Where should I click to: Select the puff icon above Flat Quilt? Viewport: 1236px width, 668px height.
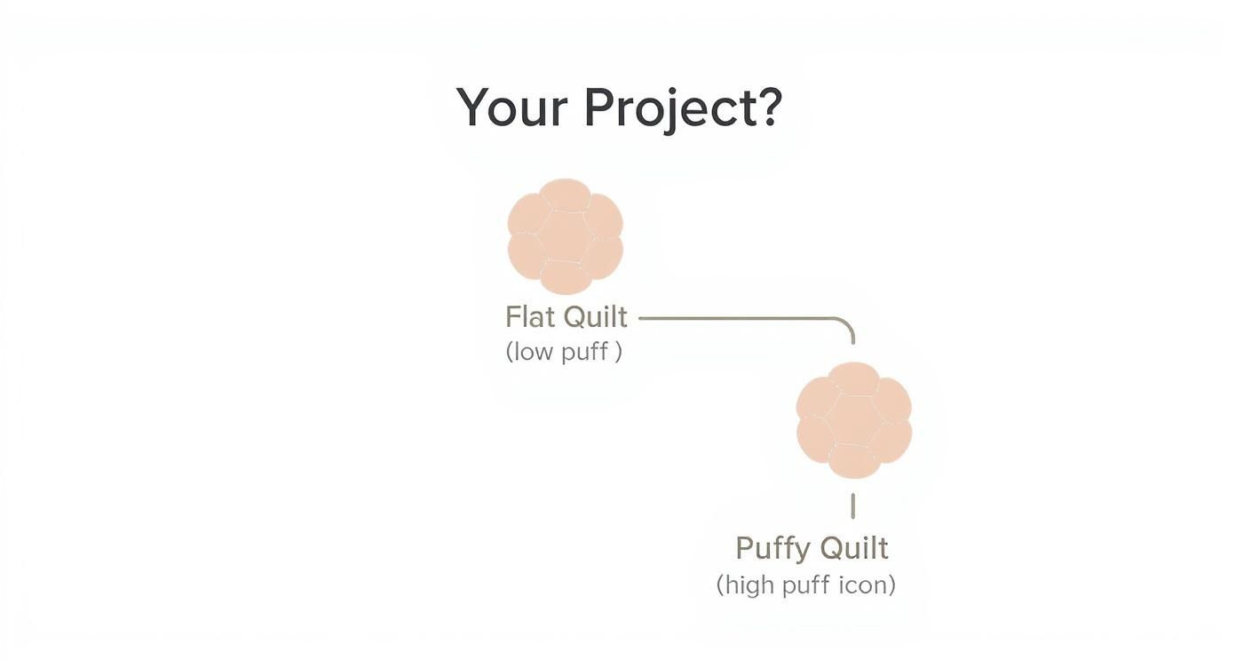[565, 236]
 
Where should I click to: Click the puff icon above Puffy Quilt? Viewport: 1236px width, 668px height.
[853, 419]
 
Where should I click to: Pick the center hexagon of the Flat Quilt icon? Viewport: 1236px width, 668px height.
[565, 236]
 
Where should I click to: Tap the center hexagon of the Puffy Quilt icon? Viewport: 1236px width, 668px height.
[853, 419]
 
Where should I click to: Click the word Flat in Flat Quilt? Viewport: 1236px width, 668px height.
[530, 317]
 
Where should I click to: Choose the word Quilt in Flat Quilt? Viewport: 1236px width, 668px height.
[596, 317]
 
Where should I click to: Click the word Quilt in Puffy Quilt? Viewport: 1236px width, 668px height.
[854, 548]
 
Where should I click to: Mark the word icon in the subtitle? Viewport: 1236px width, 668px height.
[864, 585]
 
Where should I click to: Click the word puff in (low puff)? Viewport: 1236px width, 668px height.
[584, 352]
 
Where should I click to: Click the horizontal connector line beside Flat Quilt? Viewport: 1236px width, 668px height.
[737, 317]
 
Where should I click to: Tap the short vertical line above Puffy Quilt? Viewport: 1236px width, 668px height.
[853, 506]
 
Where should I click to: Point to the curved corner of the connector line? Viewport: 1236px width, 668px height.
[847, 323]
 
